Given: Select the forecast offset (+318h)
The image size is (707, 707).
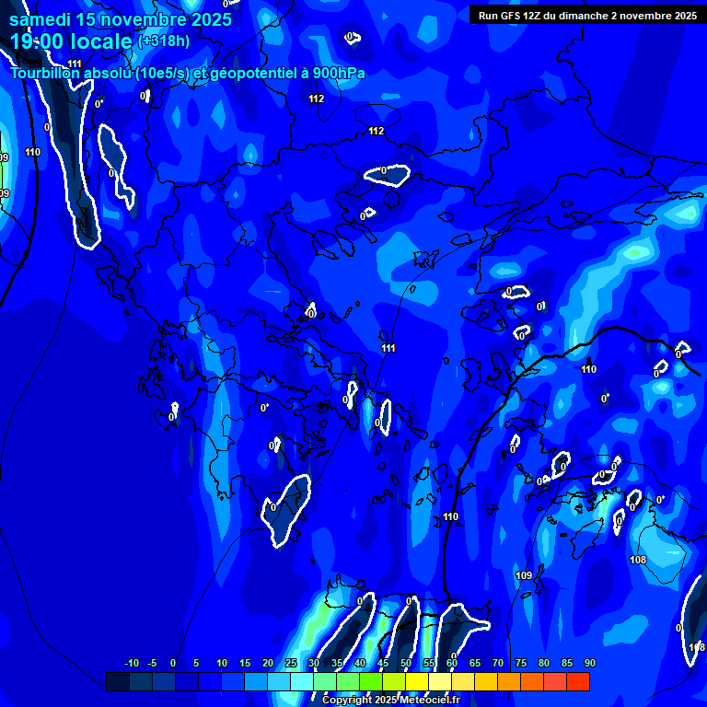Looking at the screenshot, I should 164,41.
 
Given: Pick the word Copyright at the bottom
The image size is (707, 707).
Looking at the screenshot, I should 347,701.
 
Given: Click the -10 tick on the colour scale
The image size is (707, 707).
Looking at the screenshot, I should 131,664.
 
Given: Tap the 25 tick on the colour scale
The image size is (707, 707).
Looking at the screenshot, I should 291,664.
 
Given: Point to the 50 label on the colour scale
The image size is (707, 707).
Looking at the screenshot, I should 406,664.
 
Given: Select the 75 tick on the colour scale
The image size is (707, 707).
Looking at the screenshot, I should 521,664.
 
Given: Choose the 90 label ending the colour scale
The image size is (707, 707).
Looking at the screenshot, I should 590,664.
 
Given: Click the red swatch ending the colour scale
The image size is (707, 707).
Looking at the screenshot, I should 578,681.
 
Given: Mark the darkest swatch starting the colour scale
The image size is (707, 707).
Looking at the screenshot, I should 117,681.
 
